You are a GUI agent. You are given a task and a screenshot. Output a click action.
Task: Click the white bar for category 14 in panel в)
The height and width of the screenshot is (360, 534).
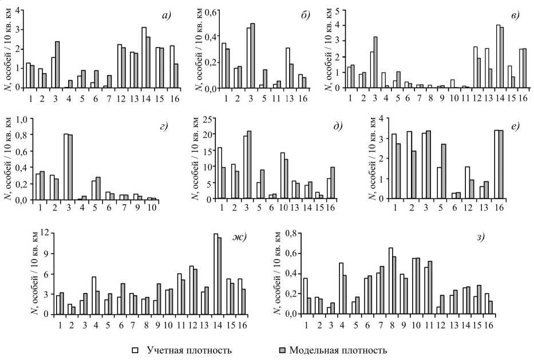pyautogui.click(x=498, y=56)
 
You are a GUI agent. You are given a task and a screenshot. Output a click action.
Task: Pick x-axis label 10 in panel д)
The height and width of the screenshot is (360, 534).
pyautogui.click(x=284, y=207)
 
